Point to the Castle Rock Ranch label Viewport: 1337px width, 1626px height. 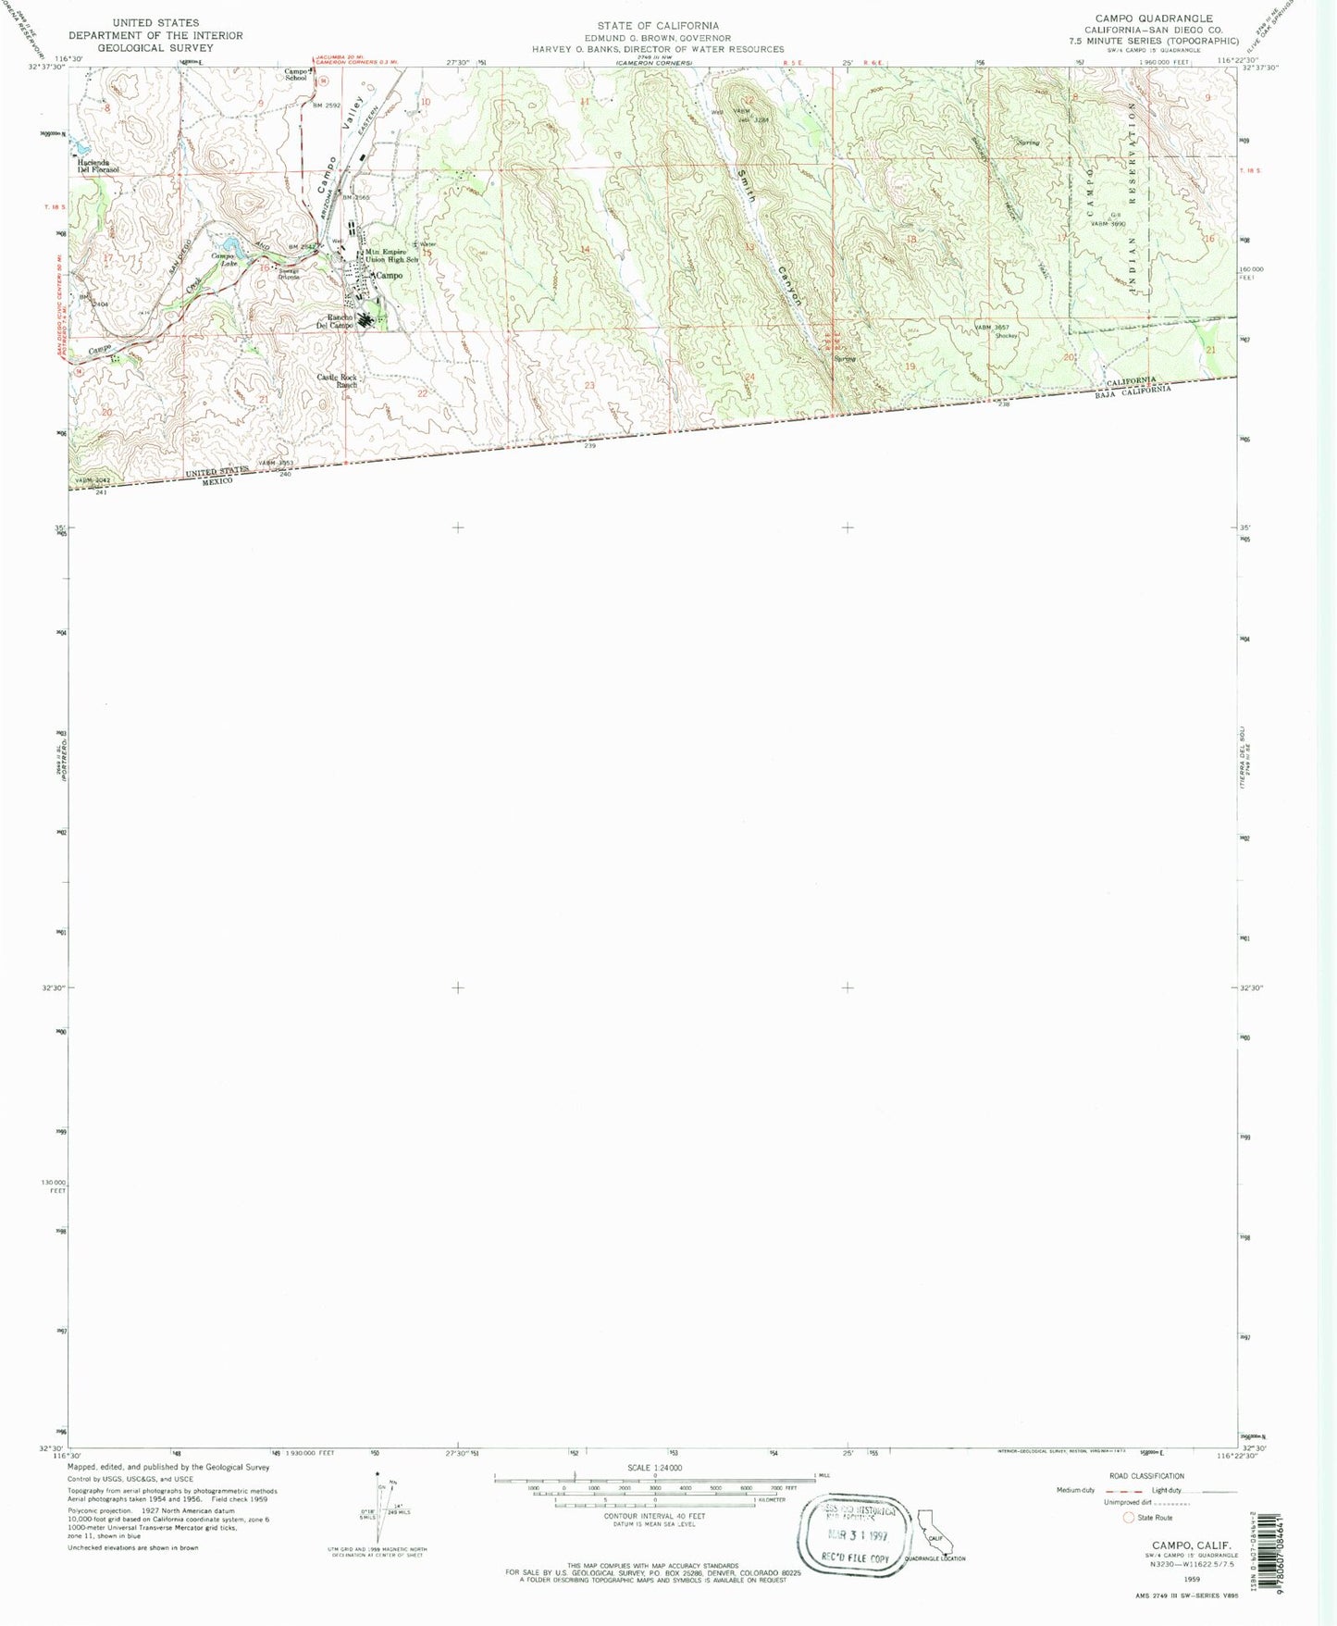(x=337, y=380)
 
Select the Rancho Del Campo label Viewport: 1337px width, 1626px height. (x=335, y=322)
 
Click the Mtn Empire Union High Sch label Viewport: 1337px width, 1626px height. (x=391, y=255)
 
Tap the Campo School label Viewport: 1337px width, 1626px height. (x=295, y=74)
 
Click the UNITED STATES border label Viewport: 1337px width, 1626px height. (x=217, y=472)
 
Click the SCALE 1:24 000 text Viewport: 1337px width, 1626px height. (x=654, y=1468)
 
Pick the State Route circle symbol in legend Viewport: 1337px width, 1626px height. (x=1128, y=1518)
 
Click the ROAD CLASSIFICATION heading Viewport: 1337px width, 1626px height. (x=1146, y=1476)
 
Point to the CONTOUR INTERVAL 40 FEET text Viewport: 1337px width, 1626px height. (x=654, y=1516)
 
